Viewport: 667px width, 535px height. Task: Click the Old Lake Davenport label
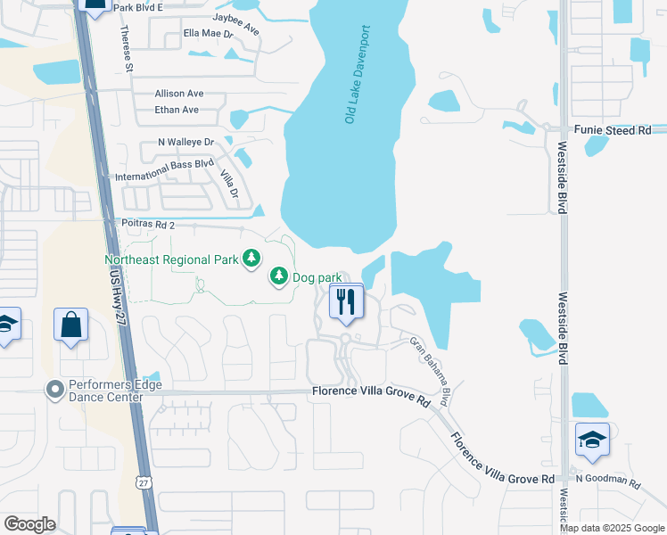click(x=358, y=74)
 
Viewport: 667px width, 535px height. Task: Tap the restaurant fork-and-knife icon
click(x=345, y=301)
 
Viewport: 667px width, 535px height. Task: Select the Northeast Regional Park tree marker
click(x=252, y=259)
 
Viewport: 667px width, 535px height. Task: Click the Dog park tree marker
click(x=279, y=276)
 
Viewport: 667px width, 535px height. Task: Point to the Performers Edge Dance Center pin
click(x=55, y=390)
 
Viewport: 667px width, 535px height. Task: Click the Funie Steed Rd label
click(x=613, y=130)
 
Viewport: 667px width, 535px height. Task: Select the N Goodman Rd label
click(x=608, y=481)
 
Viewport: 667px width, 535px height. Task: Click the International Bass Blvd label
click(x=165, y=170)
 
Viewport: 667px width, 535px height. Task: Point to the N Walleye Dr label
click(x=186, y=142)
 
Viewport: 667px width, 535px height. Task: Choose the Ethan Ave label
click(x=177, y=110)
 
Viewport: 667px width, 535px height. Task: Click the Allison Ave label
click(x=179, y=93)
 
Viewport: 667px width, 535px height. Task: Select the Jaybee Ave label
click(x=236, y=23)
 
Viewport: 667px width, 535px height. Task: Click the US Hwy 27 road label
click(x=124, y=304)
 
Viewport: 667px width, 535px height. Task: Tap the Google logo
click(x=29, y=524)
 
